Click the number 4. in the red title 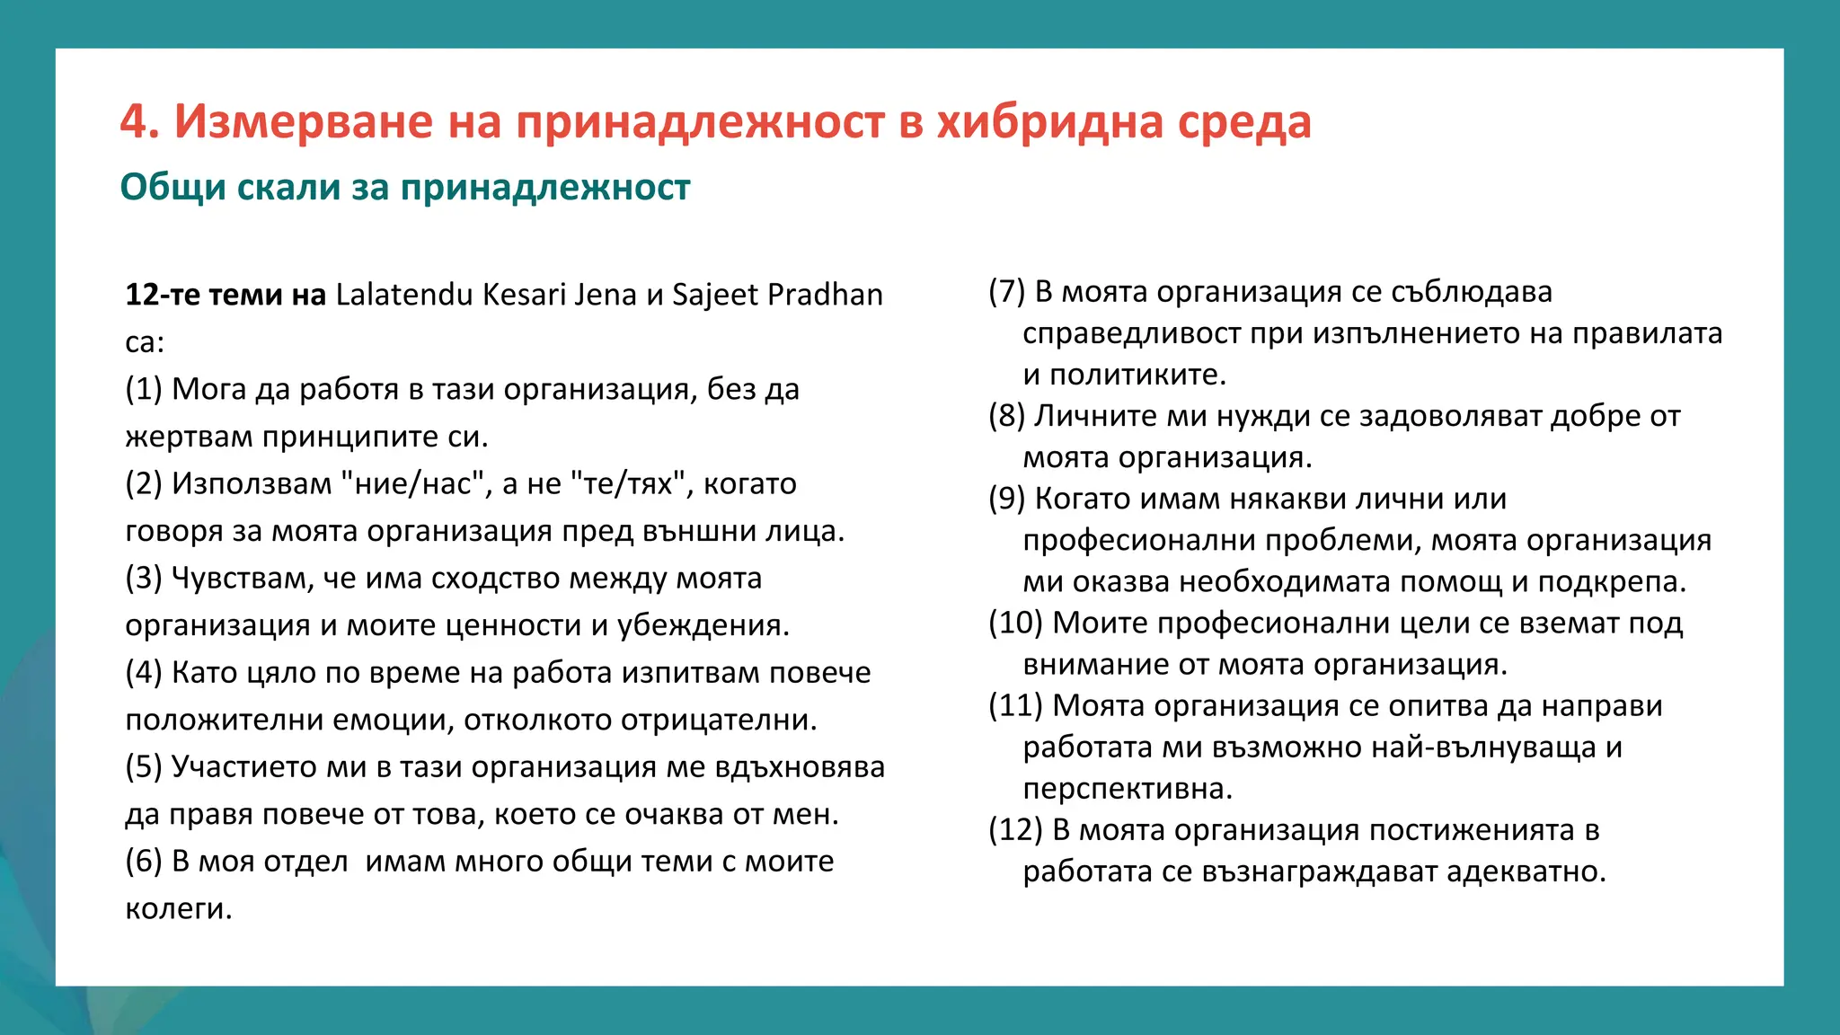(x=140, y=121)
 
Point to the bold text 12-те (x=163, y=295)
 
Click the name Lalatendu (x=403, y=295)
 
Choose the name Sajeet (x=715, y=295)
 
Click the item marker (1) (x=144, y=389)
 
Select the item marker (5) (x=144, y=766)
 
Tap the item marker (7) (x=1006, y=291)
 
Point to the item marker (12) (x=1015, y=829)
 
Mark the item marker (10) (x=1015, y=623)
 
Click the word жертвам (x=190, y=437)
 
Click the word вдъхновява (x=800, y=766)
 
